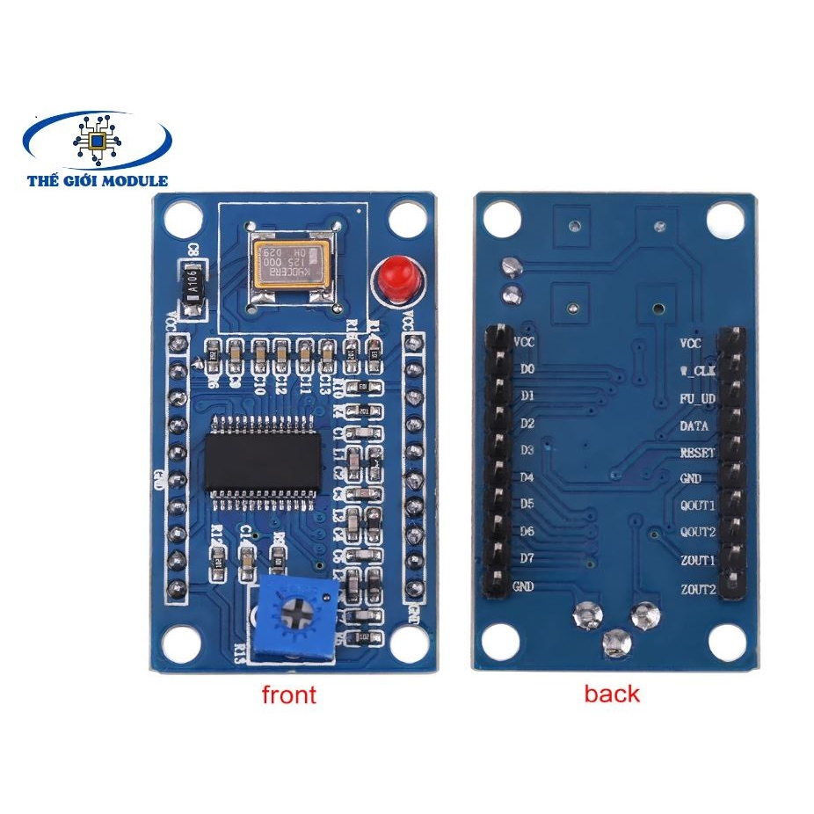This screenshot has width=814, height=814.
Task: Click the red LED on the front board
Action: (392, 277)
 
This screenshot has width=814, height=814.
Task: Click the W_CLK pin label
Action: (699, 370)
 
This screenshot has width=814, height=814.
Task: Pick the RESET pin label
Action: (698, 453)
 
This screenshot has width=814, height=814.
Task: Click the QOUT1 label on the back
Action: (698, 506)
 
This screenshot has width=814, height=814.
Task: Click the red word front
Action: (288, 694)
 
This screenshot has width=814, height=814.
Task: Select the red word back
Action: (612, 694)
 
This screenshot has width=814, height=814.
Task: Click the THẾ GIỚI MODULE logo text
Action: (98, 180)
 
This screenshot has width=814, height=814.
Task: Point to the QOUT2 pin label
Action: (698, 533)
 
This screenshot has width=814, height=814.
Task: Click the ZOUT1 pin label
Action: (698, 561)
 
